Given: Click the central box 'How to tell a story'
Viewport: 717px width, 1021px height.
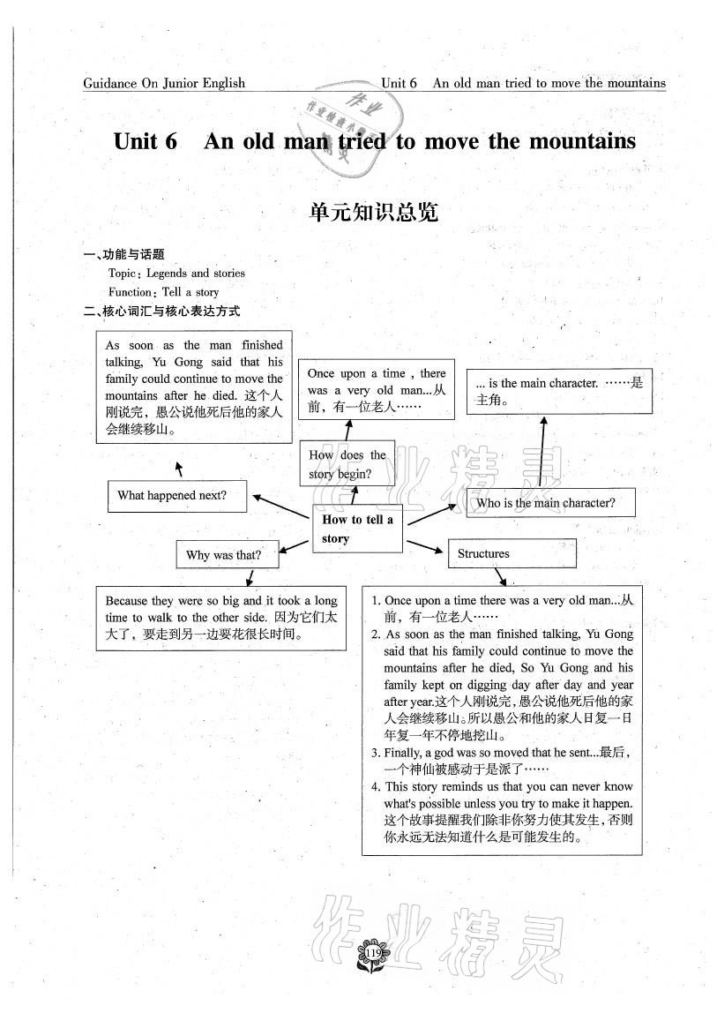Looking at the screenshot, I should (x=357, y=529).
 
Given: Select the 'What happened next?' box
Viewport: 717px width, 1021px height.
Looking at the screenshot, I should (x=176, y=496).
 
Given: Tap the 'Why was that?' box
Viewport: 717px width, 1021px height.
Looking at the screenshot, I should (x=227, y=555).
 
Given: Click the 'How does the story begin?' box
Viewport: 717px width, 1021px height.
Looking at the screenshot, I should (x=347, y=464).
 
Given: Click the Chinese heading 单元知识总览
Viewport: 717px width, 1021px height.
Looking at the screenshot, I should (x=374, y=212).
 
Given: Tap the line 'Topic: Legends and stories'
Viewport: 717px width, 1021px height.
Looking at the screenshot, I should (x=176, y=274).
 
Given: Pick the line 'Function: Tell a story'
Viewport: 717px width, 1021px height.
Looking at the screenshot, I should (x=163, y=292).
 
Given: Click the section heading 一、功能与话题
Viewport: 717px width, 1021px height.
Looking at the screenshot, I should (x=123, y=255).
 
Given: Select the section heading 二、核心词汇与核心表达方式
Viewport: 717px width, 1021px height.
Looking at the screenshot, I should (x=161, y=311).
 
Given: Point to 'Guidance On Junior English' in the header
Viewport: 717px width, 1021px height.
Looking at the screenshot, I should (x=164, y=84).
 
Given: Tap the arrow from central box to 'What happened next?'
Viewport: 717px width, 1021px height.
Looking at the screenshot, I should (x=280, y=507).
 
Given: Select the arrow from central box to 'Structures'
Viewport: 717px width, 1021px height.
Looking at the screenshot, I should (x=425, y=545).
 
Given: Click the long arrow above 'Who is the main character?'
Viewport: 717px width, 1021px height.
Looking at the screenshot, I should (x=540, y=452).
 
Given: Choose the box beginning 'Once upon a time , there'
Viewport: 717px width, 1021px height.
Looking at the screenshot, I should (x=377, y=389).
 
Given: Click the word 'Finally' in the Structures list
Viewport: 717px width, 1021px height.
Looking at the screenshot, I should (x=402, y=753).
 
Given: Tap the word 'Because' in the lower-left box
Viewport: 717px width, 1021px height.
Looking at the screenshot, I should (x=128, y=600).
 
